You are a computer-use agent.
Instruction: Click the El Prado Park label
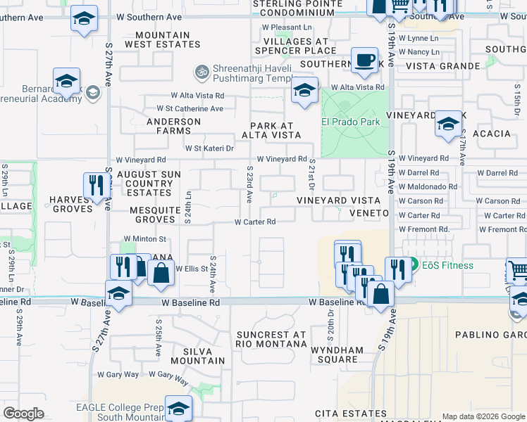pos(351,122)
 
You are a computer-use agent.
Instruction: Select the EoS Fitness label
pos(447,265)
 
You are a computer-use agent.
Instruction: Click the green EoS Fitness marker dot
pos(414,265)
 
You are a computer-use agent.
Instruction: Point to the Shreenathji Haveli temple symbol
pos(201,72)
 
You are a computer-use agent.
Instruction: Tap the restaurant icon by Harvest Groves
pos(94,186)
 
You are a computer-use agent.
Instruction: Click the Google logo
pos(23,414)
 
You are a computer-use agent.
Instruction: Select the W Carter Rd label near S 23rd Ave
pos(254,222)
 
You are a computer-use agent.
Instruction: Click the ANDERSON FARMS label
pos(173,126)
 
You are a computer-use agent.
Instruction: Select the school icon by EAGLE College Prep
pos(178,408)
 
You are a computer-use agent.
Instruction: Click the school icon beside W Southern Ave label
pos(84,18)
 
